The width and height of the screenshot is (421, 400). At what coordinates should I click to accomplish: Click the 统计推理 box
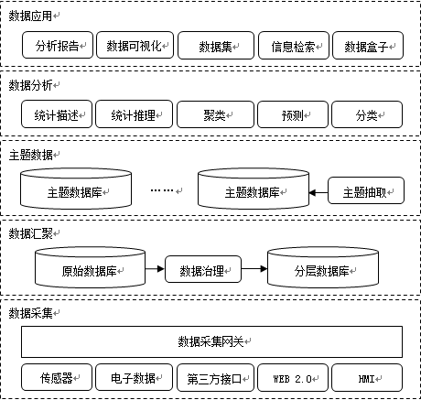click(x=135, y=115)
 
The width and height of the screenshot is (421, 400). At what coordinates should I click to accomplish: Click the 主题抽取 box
click(x=365, y=192)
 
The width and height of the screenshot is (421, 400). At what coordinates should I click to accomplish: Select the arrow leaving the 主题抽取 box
click(x=318, y=192)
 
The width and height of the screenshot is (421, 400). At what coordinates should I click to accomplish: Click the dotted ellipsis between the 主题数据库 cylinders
click(x=162, y=190)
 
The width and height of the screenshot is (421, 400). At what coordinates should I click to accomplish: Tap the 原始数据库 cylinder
click(x=89, y=268)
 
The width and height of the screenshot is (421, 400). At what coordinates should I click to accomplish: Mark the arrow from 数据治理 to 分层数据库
click(x=252, y=269)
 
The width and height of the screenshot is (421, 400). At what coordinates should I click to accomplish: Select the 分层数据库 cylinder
click(x=320, y=268)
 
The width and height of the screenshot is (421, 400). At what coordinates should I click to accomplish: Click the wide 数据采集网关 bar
click(x=211, y=341)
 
